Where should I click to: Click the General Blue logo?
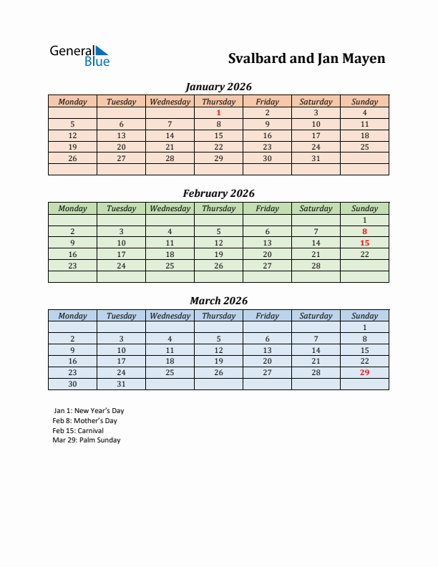[x=79, y=56]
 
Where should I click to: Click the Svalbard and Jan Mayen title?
[x=306, y=59]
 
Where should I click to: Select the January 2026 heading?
[x=218, y=87]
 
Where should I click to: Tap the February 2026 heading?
[x=218, y=193]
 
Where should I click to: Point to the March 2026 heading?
[x=218, y=301]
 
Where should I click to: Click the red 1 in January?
[x=218, y=112]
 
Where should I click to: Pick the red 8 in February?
[x=364, y=231]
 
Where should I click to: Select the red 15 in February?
[x=364, y=243]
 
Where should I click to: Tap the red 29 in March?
[x=364, y=372]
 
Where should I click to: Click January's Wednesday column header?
[x=170, y=102]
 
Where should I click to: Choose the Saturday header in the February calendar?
[x=316, y=208]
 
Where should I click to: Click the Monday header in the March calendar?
[x=72, y=316]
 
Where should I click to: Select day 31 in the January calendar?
[x=316, y=158]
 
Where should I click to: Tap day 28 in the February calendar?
[x=316, y=266]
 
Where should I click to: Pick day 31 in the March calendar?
[x=121, y=384]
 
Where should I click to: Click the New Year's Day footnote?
[x=89, y=411]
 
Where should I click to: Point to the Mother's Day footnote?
[x=84, y=421]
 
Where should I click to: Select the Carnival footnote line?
[x=78, y=431]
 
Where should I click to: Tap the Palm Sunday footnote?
[x=87, y=440]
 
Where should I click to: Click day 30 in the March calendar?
[x=72, y=384]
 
